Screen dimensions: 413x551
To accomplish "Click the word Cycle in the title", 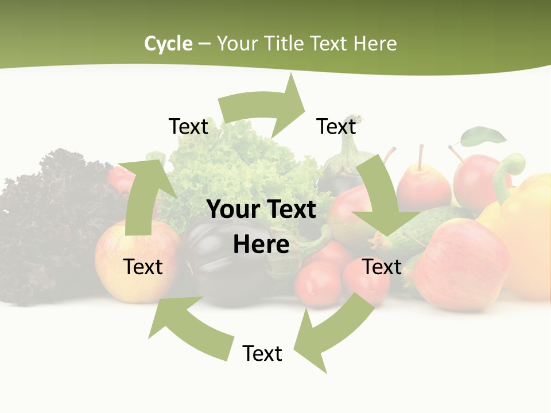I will pyautogui.click(x=168, y=44).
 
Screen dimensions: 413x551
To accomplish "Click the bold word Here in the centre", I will pyautogui.click(x=261, y=244).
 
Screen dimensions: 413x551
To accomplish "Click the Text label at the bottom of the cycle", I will pyautogui.click(x=262, y=353).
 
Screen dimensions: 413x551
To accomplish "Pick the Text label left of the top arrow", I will pyautogui.click(x=188, y=126).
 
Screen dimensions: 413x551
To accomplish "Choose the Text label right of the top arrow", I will pyautogui.click(x=336, y=126).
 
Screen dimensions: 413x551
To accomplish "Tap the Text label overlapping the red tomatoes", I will pyautogui.click(x=382, y=267).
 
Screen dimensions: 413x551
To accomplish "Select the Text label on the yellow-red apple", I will pyautogui.click(x=143, y=267).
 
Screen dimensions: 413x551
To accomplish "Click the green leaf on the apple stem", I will pyautogui.click(x=484, y=137).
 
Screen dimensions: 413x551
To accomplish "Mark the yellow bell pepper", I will pyautogui.click(x=525, y=229).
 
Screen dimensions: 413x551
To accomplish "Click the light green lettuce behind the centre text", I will pyautogui.click(x=241, y=161).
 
